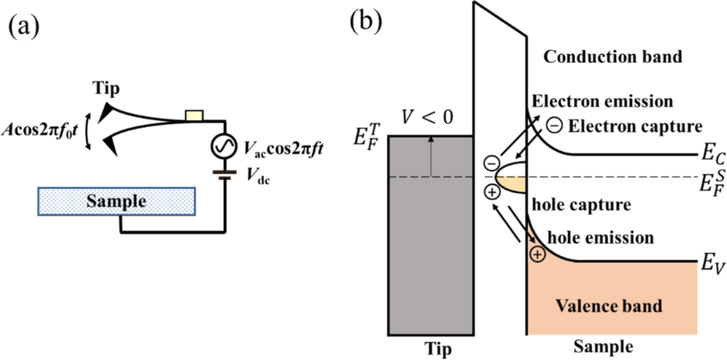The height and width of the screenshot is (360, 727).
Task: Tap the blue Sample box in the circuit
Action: (116, 202)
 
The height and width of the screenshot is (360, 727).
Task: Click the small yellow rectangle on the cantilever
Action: (194, 116)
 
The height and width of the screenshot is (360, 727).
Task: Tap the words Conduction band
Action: (613, 57)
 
